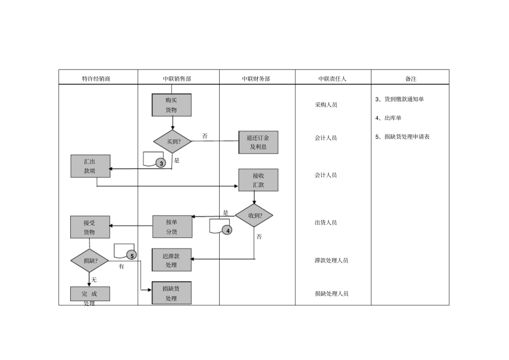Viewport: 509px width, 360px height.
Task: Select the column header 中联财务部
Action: tap(256, 78)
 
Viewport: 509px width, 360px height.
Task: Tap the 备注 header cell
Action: tap(410, 78)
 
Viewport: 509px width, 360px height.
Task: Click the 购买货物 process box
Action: tap(171, 105)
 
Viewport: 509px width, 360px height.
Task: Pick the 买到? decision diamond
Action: tap(172, 142)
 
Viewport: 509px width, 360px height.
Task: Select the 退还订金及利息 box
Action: tap(258, 142)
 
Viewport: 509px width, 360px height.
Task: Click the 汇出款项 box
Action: tap(90, 166)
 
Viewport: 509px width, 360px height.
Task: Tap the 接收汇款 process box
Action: tap(258, 180)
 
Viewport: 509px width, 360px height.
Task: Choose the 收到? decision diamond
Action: tap(254, 216)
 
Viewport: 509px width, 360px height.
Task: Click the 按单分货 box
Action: tap(171, 227)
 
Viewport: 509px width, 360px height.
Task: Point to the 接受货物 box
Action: tap(90, 227)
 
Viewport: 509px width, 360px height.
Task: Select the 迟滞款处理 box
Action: tap(171, 260)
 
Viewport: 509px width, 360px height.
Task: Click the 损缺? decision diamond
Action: tap(89, 261)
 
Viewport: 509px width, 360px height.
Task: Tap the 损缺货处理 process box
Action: tap(171, 293)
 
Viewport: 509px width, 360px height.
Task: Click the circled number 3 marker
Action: tap(161, 163)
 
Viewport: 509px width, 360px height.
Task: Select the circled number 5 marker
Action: tap(132, 256)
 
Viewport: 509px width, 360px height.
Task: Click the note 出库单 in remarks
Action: tap(392, 118)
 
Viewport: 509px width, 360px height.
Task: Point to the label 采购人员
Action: tap(326, 105)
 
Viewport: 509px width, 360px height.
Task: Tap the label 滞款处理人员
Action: tap(331, 260)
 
